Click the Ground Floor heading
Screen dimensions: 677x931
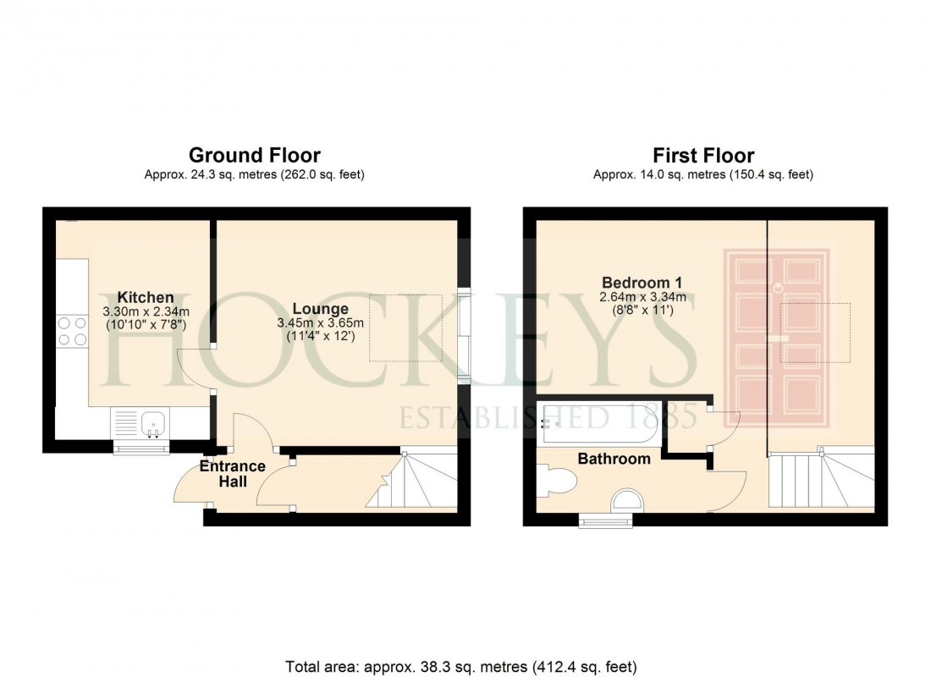pos(254,156)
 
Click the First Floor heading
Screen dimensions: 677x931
pos(702,156)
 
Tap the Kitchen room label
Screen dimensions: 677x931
pos(146,297)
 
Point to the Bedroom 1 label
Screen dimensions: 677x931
pos(642,282)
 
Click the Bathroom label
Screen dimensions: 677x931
pos(614,459)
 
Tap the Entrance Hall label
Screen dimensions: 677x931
pos(233,474)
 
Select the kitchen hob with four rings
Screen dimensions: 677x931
pos(72,330)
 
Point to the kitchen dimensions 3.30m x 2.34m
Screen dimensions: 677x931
pos(146,312)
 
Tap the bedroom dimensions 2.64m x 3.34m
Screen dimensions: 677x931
pos(642,297)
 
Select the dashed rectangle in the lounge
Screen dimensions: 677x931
pos(405,328)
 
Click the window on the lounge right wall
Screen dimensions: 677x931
pos(464,337)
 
